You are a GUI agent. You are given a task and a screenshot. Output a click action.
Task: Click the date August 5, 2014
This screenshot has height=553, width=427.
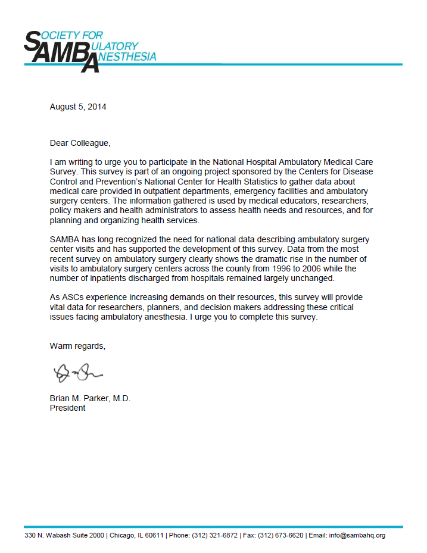pos(78,107)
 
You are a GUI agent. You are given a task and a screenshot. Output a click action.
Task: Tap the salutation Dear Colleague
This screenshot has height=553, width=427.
pos(80,143)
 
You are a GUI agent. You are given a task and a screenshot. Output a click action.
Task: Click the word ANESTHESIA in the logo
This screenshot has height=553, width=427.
pos(127,57)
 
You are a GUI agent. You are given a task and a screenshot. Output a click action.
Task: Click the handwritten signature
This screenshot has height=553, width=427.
pos(77,373)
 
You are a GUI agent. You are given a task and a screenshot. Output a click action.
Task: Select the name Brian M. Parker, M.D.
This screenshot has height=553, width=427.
pos(90,399)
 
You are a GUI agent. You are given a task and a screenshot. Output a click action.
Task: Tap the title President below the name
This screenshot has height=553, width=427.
pos(67,408)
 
